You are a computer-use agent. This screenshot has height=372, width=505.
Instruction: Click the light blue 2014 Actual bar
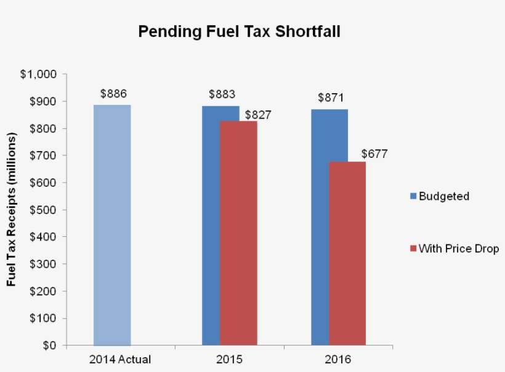pos(112,225)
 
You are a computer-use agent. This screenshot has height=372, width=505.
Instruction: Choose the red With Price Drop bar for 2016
pos(347,253)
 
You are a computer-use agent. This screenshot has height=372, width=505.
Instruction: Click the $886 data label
pos(113,94)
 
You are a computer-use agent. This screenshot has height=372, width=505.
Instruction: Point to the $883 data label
pos(222,94)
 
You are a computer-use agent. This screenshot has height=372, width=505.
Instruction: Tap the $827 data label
pos(258,115)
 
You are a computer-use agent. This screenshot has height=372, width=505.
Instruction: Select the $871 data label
pos(330,97)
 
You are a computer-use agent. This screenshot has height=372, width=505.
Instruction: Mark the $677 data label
pos(374,154)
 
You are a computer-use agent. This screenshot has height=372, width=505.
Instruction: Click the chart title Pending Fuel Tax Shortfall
pos(239,31)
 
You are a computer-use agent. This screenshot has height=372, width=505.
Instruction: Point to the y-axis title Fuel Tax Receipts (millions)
pos(12,210)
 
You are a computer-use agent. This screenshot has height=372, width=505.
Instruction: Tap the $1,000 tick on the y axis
pos(38,74)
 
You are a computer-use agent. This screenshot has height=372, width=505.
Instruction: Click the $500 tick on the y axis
pos(43,210)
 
